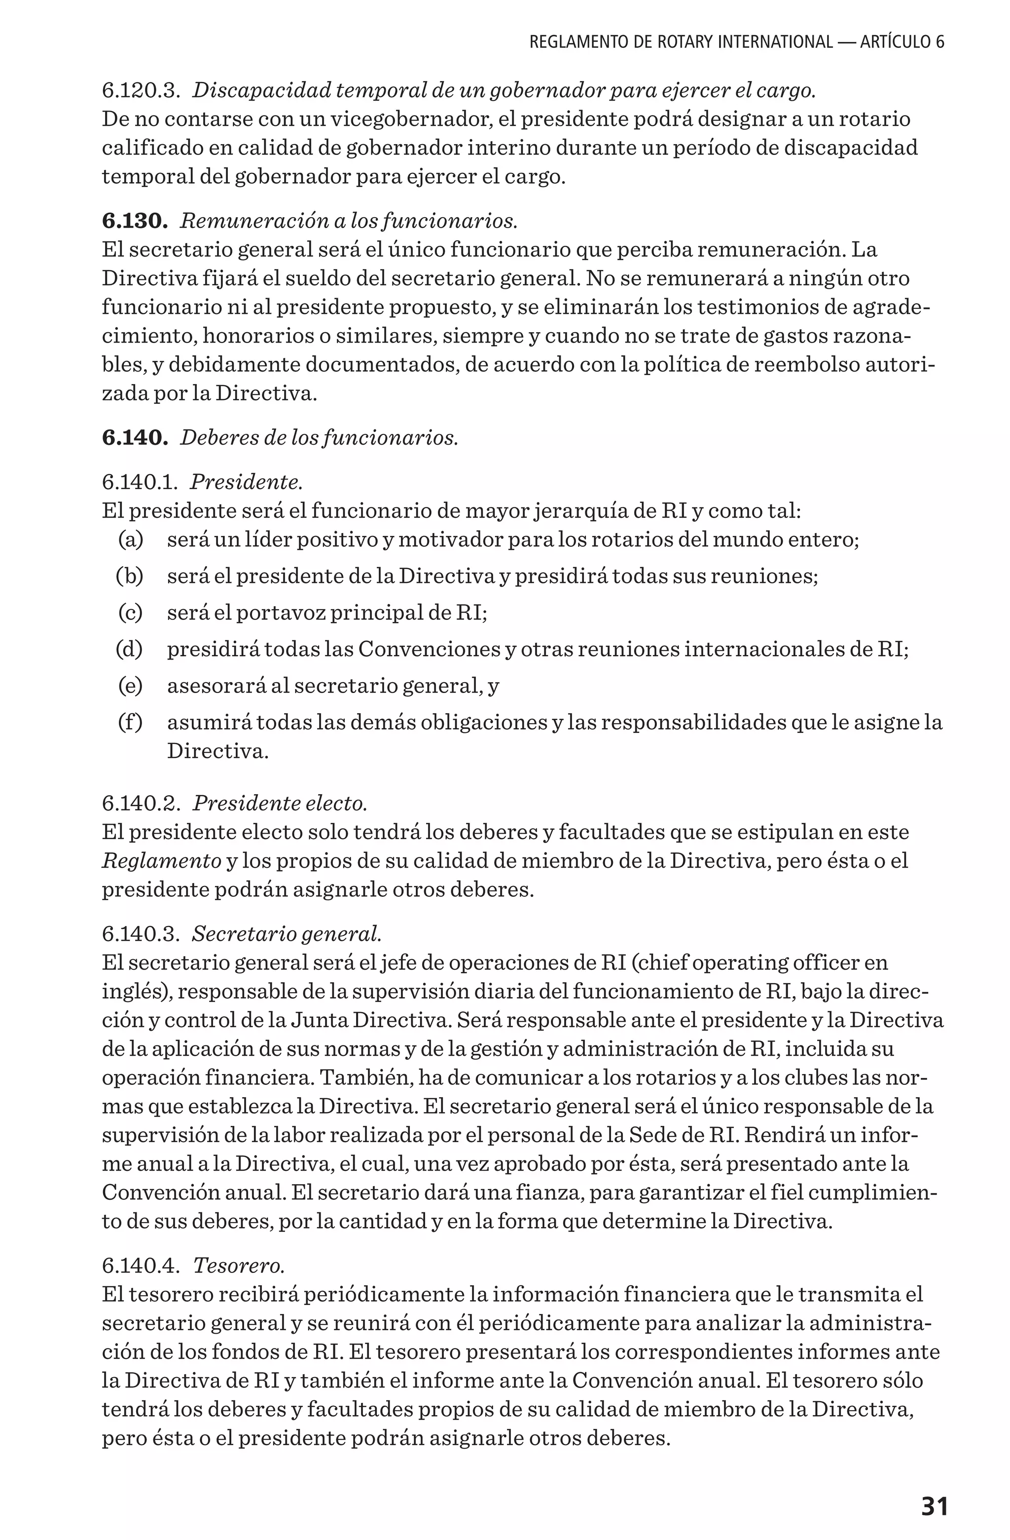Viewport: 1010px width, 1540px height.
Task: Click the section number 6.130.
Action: pos(135,221)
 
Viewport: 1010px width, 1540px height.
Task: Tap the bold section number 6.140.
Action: pos(135,437)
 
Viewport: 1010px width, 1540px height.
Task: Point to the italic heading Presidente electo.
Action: pos(279,803)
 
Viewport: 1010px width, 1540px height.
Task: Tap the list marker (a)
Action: pos(130,539)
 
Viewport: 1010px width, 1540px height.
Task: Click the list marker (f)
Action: pos(130,722)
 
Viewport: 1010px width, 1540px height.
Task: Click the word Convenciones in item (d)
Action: pos(428,649)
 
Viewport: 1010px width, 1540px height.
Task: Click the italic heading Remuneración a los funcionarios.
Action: pos(349,221)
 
